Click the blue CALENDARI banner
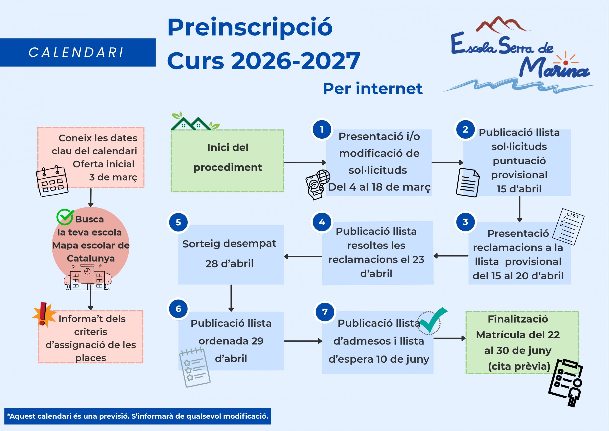pos(78,52)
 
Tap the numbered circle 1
pos(322,129)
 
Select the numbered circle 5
pos(178,222)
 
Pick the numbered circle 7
pos(325,312)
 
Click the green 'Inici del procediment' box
pos(227,161)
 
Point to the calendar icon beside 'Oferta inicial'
pos(52,181)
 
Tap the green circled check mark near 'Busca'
pos(65,217)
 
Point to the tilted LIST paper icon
pos(568,226)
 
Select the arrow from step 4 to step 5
pos(303,256)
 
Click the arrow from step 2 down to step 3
pos(520,209)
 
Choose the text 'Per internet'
pos(372,89)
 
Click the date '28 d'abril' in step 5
pos(229,264)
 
